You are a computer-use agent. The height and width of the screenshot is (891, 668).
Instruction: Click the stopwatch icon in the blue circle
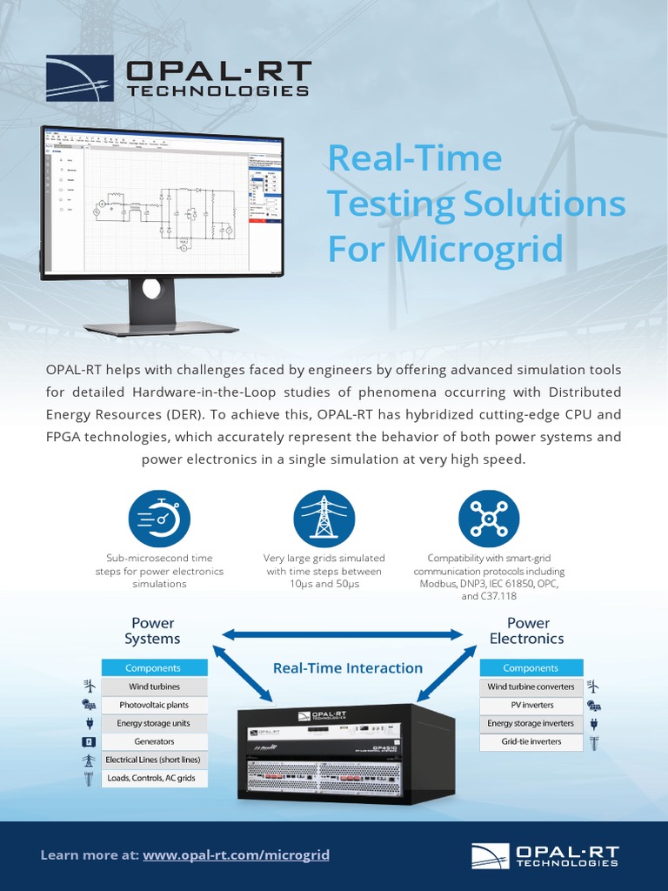pos(158,519)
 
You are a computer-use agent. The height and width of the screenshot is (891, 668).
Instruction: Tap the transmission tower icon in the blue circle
pos(324,519)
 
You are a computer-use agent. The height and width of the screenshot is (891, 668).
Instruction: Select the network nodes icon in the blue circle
pos(489,519)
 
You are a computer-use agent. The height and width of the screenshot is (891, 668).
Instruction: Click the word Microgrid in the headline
pos(480,249)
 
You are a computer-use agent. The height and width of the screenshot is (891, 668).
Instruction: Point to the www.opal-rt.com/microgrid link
pos(236,855)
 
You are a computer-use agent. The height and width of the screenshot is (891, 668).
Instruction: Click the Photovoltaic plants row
pos(154,705)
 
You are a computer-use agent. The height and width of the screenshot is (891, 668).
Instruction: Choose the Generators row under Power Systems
pos(154,741)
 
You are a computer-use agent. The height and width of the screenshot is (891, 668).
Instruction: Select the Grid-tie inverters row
pos(531,742)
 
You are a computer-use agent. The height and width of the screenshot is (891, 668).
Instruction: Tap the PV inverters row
pos(531,705)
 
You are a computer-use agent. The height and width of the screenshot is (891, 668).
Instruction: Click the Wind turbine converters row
pos(531,687)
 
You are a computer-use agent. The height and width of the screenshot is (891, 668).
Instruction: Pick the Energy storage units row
pos(154,723)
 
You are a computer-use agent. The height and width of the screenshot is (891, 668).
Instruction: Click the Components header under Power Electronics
pos(531,668)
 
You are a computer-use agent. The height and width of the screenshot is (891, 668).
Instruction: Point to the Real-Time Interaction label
pos(348,668)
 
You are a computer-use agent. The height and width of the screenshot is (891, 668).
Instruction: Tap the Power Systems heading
pos(152,631)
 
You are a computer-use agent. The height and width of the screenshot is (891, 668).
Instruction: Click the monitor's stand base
pos(161,328)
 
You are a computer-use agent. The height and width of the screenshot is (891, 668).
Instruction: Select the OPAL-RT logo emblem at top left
pos(79,78)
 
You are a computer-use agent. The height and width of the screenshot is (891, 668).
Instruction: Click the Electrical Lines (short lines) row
pos(154,760)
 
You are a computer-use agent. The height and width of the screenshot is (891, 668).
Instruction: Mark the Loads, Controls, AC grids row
pos(154,778)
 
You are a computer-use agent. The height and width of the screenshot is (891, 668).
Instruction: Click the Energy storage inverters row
pos(531,723)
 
